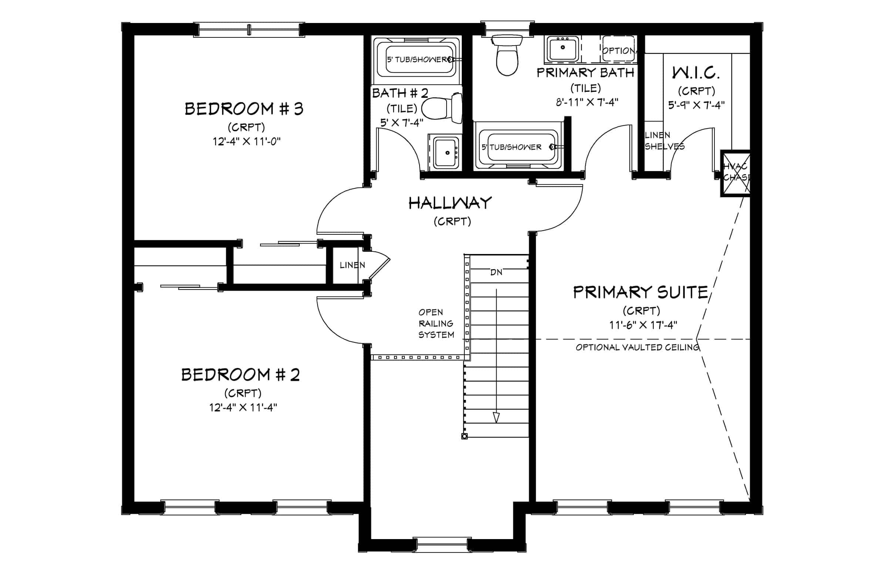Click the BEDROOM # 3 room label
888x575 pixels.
[x=244, y=108]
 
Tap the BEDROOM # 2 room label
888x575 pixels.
[x=240, y=374]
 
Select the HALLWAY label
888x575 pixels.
[x=450, y=203]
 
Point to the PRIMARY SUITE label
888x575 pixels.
[x=640, y=292]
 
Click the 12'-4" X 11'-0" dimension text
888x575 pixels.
[x=246, y=141]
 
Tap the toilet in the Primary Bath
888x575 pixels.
[x=507, y=55]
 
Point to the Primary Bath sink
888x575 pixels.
[x=562, y=48]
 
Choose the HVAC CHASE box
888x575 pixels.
[x=735, y=173]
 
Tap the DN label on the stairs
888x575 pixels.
[x=496, y=273]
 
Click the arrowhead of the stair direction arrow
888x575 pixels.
[x=496, y=417]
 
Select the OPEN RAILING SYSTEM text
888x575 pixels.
[x=436, y=323]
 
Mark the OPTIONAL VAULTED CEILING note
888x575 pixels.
[x=637, y=348]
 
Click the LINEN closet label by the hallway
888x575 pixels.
[x=352, y=265]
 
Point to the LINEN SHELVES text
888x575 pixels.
[x=665, y=141]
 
